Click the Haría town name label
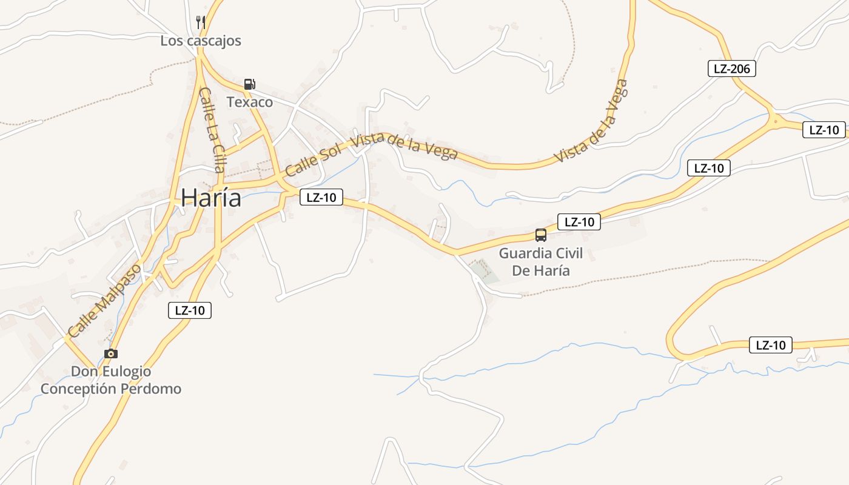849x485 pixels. [211, 198]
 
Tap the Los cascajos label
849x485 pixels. [201, 41]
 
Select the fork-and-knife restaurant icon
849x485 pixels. [201, 22]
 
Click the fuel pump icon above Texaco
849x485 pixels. [249, 84]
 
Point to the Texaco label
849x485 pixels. [250, 102]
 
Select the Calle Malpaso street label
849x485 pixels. [104, 300]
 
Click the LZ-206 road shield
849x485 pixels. [732, 69]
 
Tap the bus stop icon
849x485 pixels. [540, 235]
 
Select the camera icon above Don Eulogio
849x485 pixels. [111, 353]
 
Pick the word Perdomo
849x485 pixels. [151, 389]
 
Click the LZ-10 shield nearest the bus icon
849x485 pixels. [579, 222]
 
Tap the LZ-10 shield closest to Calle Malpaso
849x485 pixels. [190, 310]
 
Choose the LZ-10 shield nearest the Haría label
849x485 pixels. [321, 197]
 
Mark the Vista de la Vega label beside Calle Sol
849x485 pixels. [404, 145]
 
